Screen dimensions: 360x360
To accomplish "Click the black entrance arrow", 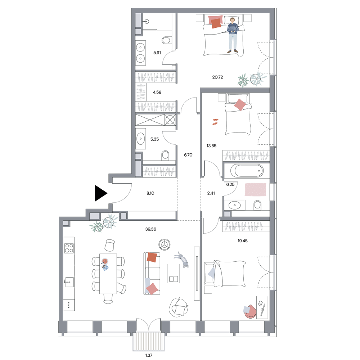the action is point(100,193).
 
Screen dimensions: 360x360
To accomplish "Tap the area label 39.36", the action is point(150,229).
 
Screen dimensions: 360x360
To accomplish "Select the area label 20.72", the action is point(217,77).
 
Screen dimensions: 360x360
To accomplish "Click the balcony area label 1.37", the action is point(149,355).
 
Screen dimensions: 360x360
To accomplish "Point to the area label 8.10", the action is point(150,193).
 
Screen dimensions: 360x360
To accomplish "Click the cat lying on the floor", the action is point(182,260).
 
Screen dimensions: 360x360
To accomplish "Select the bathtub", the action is point(247,171).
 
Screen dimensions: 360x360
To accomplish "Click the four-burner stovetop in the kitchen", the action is point(69,248).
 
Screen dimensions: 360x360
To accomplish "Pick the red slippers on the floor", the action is point(215,122).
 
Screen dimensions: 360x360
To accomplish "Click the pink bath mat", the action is point(255,190).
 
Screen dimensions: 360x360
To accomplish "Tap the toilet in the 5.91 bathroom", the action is point(166,40).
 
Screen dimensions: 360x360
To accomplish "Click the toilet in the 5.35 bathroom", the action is point(165,156).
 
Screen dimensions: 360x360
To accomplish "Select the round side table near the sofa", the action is point(165,244).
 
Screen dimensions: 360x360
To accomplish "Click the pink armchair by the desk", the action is point(250,312).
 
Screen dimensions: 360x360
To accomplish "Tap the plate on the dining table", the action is point(105,261).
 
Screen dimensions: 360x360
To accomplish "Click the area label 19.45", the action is point(243,241).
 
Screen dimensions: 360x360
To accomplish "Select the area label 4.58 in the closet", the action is point(157,92).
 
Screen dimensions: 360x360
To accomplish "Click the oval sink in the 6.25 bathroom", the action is point(234,205).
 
